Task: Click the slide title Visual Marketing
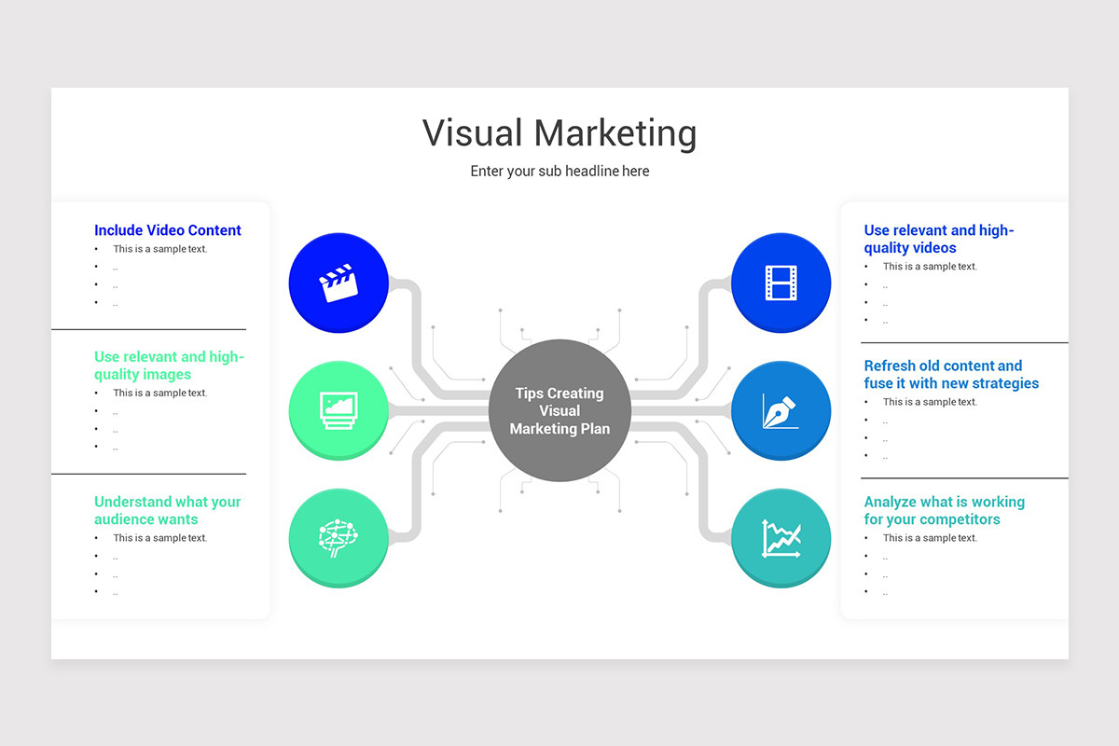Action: [559, 133]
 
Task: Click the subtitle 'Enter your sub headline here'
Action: [559, 172]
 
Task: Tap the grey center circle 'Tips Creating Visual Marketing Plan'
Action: [559, 410]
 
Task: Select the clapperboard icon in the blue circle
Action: [338, 283]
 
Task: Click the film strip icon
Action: [781, 283]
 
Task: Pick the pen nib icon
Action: [781, 410]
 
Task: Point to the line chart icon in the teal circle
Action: [781, 538]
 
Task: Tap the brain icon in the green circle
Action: [338, 538]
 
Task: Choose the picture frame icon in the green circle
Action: [338, 410]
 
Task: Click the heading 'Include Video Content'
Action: [168, 230]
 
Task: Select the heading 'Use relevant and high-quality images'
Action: [168, 366]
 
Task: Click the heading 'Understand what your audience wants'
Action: [168, 510]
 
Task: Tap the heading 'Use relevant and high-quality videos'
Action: [938, 239]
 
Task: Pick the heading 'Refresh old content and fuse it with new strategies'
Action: [950, 374]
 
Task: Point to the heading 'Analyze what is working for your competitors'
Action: [944, 510]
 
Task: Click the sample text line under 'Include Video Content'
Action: [160, 249]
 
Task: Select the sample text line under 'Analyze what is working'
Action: [930, 538]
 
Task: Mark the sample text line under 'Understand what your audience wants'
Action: [160, 538]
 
